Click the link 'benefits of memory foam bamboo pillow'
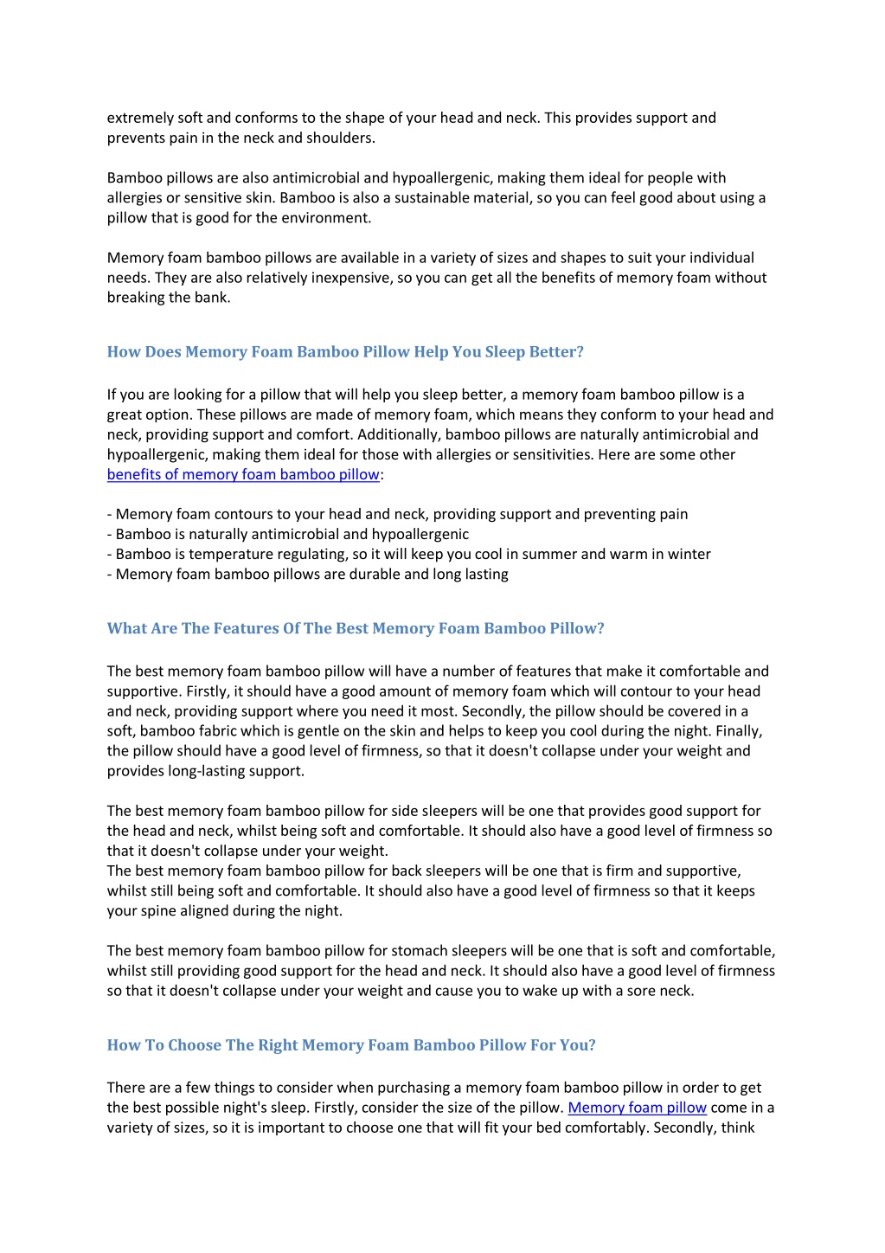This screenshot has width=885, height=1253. pos(243,474)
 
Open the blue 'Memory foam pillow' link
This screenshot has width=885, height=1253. pos(637,1108)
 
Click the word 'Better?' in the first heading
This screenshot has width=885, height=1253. pos(555,351)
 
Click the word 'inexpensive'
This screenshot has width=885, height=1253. pos(350,277)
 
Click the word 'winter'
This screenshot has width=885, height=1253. pos(688,554)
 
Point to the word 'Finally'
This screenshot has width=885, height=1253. pos(738,730)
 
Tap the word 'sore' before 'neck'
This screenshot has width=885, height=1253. pos(636,990)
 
